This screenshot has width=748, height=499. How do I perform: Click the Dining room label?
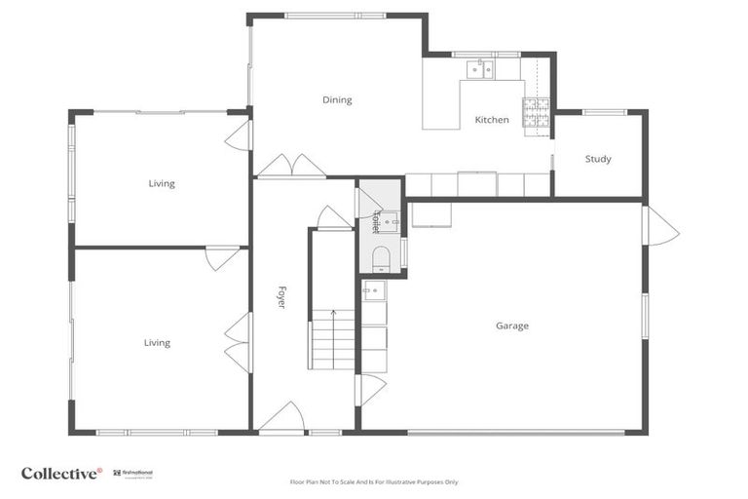coord(337,99)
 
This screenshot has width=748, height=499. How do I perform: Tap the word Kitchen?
coord(491,120)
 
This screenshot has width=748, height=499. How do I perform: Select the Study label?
coord(598,159)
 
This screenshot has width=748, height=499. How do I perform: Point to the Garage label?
coord(511,326)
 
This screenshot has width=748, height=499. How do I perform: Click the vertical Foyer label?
coord(281,297)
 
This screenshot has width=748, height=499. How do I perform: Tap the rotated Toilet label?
coord(375,222)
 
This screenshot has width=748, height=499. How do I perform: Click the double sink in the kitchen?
coord(480,68)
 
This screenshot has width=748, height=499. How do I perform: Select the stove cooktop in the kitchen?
coord(536,113)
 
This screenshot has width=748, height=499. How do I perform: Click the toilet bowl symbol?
coord(381,257)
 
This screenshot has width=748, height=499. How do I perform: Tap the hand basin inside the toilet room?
coord(389,222)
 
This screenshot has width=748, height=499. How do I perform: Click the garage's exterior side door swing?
coord(660,227)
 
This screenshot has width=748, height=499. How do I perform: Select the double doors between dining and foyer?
coord(291,166)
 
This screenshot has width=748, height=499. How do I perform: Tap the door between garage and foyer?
coord(370,389)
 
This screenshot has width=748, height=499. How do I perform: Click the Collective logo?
coord(60,474)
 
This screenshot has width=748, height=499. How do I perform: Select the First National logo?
coord(132,474)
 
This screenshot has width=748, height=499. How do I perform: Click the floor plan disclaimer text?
coord(373,481)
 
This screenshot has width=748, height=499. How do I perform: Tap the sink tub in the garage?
coord(375,289)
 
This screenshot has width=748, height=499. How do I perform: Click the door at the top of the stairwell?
coord(333,217)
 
